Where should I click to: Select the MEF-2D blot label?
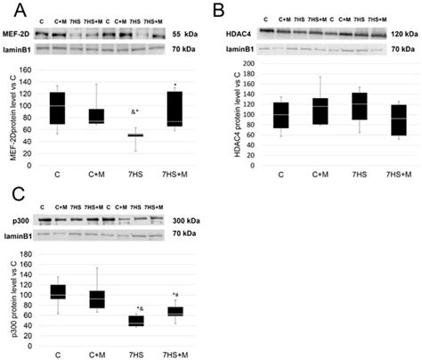pyautogui.click(x=19, y=34)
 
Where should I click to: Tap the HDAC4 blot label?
pyautogui.click(x=238, y=33)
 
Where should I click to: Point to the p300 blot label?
pyautogui.click(x=18, y=217)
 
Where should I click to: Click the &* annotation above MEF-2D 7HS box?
pyautogui.click(x=134, y=112)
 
